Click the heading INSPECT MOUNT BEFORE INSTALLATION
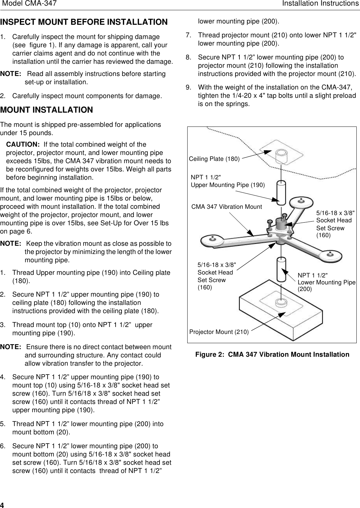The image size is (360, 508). (x=84, y=22)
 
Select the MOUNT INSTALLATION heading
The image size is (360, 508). (x=47, y=110)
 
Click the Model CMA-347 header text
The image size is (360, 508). (x=29, y=4)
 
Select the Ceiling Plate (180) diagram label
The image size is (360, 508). (x=214, y=159)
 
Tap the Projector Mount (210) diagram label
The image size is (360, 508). (x=219, y=332)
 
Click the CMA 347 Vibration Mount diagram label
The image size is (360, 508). (x=227, y=207)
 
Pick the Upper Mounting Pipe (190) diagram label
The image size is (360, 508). (x=228, y=185)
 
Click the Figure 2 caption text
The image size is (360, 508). (x=272, y=354)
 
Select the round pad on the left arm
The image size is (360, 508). (x=212, y=239)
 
